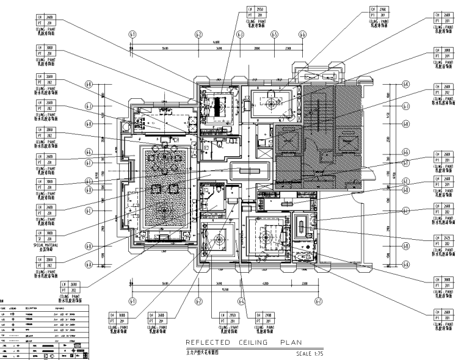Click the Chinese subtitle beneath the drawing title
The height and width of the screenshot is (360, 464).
click(x=202, y=353)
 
